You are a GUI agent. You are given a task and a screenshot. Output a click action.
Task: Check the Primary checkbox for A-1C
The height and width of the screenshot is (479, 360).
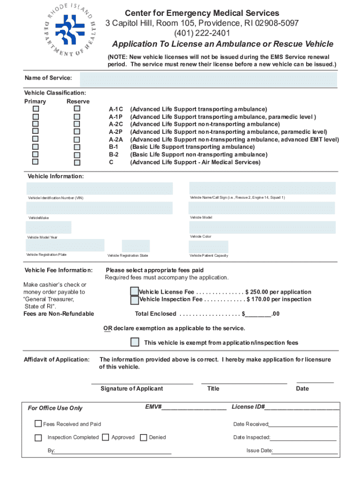tap(35, 109)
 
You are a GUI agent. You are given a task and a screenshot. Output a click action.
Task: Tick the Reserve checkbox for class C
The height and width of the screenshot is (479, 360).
tap(77, 162)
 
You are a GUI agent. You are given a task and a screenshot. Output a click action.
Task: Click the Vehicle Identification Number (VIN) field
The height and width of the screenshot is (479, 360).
tap(100, 189)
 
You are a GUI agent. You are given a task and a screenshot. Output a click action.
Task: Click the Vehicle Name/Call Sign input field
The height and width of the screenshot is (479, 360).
tap(262, 188)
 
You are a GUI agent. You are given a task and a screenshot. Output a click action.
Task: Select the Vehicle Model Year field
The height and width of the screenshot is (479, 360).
tap(49, 227)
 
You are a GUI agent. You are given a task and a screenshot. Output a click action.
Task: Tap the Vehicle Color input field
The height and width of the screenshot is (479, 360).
tap(262, 227)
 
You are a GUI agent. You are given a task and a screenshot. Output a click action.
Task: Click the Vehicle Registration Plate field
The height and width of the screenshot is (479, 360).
tap(65, 246)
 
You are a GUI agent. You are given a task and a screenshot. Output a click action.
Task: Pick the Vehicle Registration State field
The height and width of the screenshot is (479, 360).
tap(136, 246)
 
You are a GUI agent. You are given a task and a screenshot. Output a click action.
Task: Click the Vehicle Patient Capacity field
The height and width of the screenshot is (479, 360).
tap(208, 247)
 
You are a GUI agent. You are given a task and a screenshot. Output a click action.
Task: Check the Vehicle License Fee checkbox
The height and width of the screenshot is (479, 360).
tap(135, 291)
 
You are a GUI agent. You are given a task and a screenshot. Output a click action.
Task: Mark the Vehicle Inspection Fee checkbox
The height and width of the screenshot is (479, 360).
tap(135, 300)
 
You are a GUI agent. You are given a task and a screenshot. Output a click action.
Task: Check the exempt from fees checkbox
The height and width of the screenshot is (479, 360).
tap(135, 342)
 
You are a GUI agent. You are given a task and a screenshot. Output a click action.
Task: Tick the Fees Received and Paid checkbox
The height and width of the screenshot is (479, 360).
tap(38, 424)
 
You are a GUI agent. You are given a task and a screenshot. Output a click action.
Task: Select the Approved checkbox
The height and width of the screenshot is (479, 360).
tap(106, 437)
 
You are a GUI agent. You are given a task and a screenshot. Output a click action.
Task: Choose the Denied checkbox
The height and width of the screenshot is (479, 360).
tap(144, 437)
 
